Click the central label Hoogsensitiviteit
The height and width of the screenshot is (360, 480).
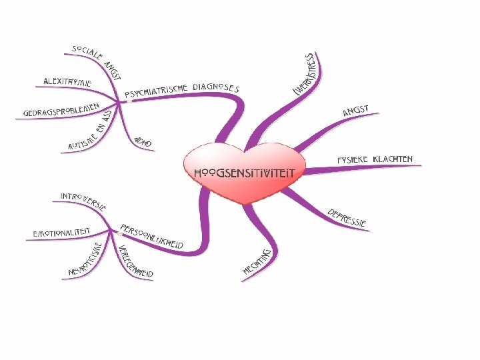pyautogui.click(x=244, y=172)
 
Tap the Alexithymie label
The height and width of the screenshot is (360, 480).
pyautogui.click(x=67, y=81)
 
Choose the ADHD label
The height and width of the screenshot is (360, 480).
pyautogui.click(x=143, y=142)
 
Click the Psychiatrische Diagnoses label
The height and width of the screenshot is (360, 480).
pyautogui.click(x=181, y=91)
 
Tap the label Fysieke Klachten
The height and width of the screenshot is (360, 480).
pyautogui.click(x=375, y=160)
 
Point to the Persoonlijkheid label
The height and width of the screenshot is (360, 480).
pyautogui.click(x=152, y=235)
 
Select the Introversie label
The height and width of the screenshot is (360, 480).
pyautogui.click(x=83, y=200)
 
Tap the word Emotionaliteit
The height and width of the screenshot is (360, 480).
pyautogui.click(x=62, y=234)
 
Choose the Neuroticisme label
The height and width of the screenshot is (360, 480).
pyautogui.click(x=85, y=260)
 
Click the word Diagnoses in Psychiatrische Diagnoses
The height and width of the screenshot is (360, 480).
pyautogui.click(x=215, y=87)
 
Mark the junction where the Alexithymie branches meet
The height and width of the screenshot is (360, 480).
pyautogui.click(x=120, y=102)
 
